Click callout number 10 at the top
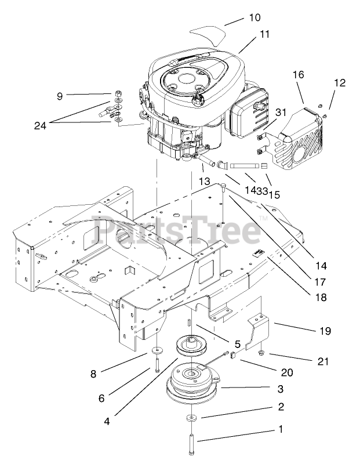(255, 18)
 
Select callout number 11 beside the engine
(264, 34)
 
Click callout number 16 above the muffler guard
(299, 75)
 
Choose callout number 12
(339, 83)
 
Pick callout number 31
(281, 112)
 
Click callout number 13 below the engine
(203, 182)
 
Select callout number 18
(321, 298)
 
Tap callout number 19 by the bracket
(325, 331)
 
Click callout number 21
(323, 361)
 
